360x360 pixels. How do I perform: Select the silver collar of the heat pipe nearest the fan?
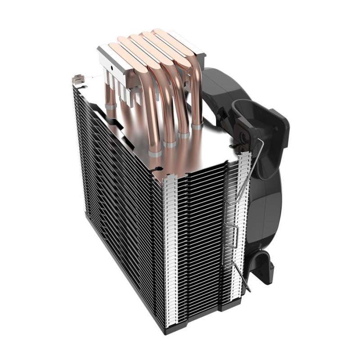197,127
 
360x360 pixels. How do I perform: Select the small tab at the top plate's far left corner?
77,80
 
